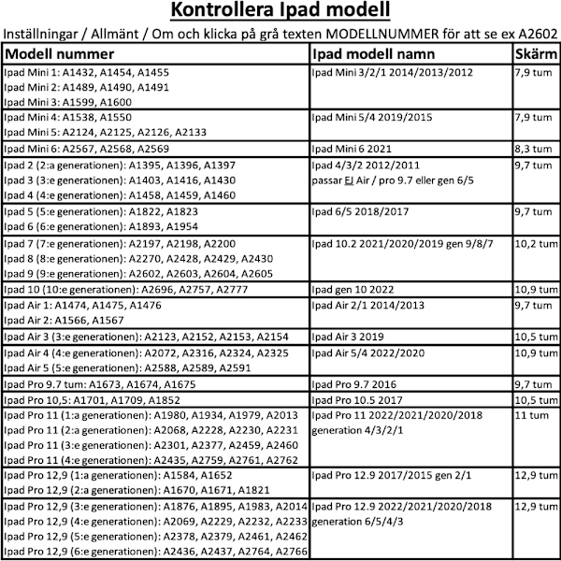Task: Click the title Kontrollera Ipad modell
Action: click(x=280, y=12)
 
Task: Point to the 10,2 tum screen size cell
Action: click(x=534, y=243)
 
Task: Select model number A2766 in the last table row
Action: click(x=285, y=553)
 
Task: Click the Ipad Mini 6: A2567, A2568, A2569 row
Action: click(x=86, y=148)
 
